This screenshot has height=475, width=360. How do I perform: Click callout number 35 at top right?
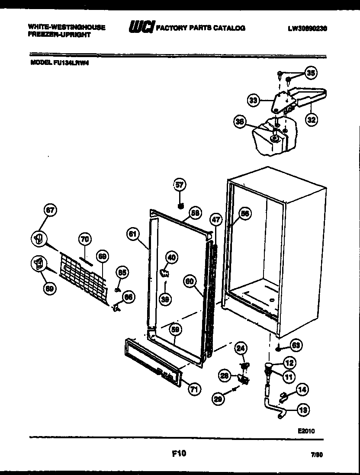click(310, 73)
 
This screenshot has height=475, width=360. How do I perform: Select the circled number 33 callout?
click(253, 101)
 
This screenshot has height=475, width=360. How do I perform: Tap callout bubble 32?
click(311, 120)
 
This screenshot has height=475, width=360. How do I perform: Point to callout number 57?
click(180, 185)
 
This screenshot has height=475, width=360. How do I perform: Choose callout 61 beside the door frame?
click(133, 234)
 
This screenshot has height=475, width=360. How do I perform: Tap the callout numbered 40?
click(172, 258)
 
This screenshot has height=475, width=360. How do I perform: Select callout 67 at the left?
click(51, 211)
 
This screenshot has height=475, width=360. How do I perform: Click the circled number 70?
click(85, 238)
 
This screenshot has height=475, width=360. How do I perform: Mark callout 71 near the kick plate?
click(194, 389)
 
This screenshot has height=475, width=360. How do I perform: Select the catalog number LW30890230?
click(307, 29)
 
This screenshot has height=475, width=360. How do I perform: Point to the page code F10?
click(178, 453)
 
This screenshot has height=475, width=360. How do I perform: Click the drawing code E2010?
click(306, 431)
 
